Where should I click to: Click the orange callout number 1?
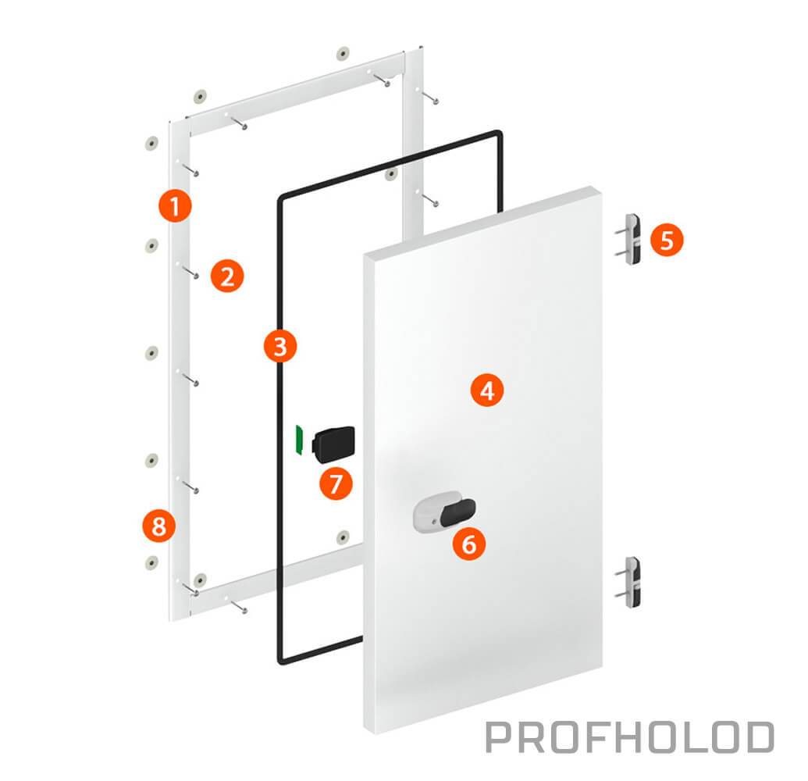coord(175,205)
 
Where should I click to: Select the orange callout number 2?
coord(227,276)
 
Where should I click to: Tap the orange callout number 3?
coord(280,346)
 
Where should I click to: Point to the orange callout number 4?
coord(487,390)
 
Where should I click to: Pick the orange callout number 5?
coord(667,240)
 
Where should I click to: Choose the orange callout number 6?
coord(469,544)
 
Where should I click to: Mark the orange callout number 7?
coord(336,483)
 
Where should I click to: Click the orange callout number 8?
coord(159,526)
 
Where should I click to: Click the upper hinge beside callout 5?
coord(630,239)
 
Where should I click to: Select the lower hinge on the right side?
coord(630,582)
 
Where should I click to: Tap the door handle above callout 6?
coord(445,511)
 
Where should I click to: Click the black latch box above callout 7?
coord(333,444)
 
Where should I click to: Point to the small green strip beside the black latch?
coord(298,440)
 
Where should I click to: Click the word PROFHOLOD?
coord(630,736)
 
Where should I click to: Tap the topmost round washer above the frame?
coord(343,53)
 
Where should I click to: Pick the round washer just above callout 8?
coord(151,460)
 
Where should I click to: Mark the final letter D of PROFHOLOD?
coord(760,737)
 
